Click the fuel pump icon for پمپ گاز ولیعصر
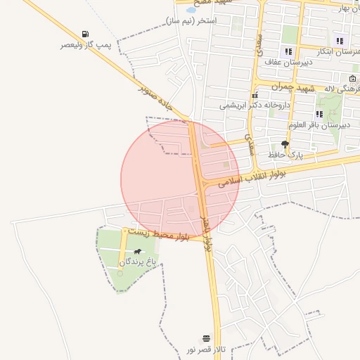coord(86,34)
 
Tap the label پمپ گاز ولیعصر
coord(86,45)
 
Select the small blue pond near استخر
coord(191,11)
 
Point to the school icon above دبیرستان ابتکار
coord(340,41)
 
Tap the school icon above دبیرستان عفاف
coord(288,51)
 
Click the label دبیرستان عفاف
coord(288,62)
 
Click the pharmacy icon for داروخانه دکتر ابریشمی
coord(254,95)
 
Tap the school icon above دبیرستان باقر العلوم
coord(319,114)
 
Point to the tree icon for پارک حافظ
coord(285,143)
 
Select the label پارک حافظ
coord(285,153)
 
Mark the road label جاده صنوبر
coord(156,98)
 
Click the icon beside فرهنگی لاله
coord(352,78)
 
